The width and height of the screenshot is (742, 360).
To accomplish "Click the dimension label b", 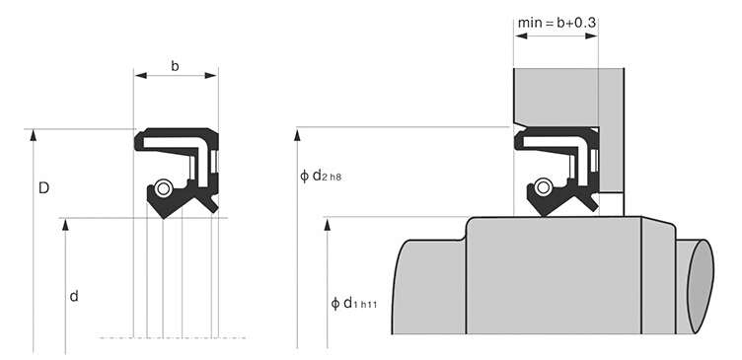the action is (175, 66).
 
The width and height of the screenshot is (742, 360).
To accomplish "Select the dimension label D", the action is (43, 188).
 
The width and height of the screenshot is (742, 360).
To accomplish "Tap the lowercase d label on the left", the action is (74, 297).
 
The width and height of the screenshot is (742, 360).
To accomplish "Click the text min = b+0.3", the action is (556, 23).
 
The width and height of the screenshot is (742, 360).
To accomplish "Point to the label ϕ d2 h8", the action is (321, 177).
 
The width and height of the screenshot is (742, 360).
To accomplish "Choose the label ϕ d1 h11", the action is (353, 303).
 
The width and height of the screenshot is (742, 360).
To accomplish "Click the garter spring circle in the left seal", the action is (163, 188).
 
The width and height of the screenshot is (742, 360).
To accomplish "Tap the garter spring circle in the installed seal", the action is (544, 187).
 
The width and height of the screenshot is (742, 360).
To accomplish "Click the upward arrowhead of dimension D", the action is (34, 135).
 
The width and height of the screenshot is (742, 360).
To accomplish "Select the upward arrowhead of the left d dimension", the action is (66, 224).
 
